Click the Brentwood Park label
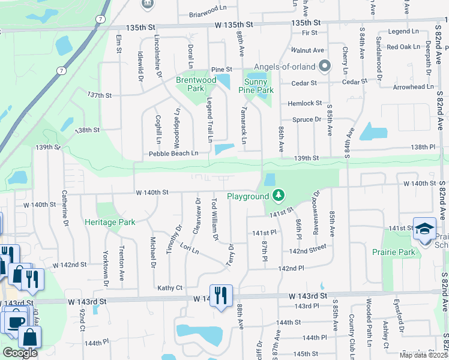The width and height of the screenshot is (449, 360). (x=196, y=84)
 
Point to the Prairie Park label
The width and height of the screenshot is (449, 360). (x=394, y=252)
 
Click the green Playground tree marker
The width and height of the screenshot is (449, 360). (x=277, y=195)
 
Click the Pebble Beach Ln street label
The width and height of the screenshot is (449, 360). (x=173, y=154)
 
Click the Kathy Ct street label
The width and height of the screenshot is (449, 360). (x=170, y=288)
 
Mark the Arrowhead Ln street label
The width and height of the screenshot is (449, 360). (x=414, y=86)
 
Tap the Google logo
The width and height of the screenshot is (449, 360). (x=20, y=353)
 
